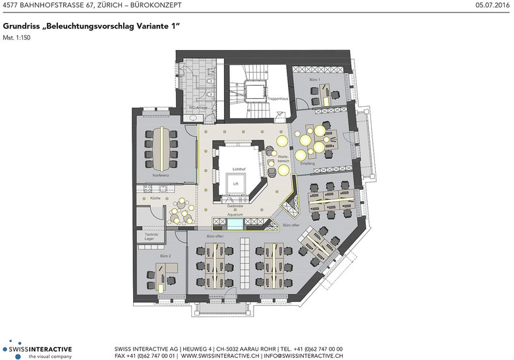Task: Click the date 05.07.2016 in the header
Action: click(x=492, y=6)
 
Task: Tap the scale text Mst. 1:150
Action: click(x=17, y=38)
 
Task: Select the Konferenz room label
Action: click(x=161, y=176)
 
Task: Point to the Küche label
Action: click(x=155, y=198)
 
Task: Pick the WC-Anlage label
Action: click(x=199, y=107)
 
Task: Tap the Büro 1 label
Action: click(x=315, y=80)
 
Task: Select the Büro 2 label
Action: click(x=165, y=255)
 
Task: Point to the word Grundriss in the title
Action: click(x=19, y=26)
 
